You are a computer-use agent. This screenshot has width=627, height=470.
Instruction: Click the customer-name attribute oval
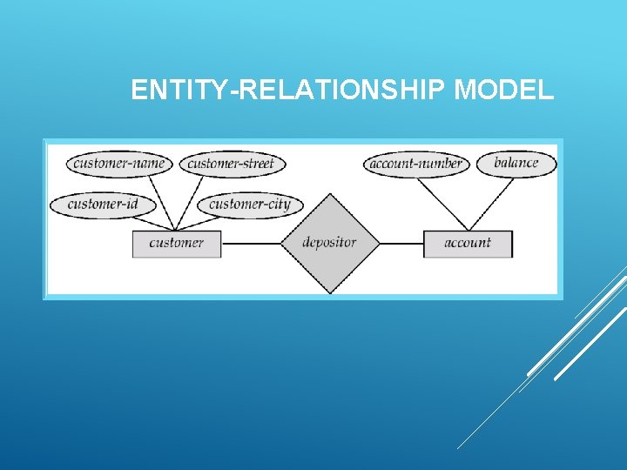coord(119,163)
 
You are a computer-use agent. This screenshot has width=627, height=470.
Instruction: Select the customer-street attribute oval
coord(232,163)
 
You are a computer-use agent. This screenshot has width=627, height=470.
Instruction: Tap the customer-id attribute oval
coord(103,205)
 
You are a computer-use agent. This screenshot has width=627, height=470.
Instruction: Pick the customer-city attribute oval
coord(250,205)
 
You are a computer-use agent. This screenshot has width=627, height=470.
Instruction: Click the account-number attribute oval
coord(416,164)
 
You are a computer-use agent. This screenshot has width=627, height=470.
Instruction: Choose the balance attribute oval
coord(516,163)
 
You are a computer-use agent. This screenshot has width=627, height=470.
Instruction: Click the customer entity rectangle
coord(176,243)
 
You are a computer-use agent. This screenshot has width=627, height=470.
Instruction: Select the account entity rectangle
coord(468,243)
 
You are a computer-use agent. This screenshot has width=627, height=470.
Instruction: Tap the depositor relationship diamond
coord(329,243)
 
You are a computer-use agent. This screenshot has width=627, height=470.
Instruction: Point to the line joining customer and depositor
coord(251,244)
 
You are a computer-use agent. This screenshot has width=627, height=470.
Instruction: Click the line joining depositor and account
coord(401,244)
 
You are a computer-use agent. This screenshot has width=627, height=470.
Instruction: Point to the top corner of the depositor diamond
coord(329,194)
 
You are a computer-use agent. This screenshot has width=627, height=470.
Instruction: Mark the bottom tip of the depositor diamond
coord(329,293)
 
